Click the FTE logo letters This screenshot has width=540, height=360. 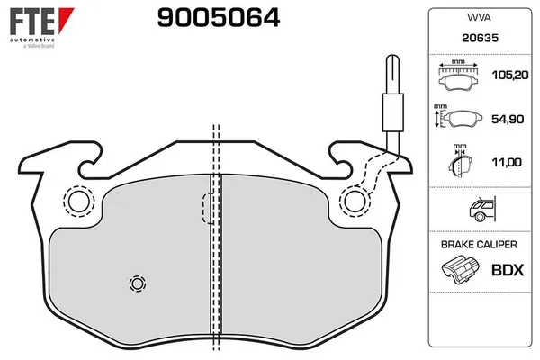(31, 21)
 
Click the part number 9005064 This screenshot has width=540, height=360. (205, 17)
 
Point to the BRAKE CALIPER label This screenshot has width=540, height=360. (479, 245)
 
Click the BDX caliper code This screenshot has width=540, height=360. (507, 269)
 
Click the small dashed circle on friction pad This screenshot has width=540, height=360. (138, 283)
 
